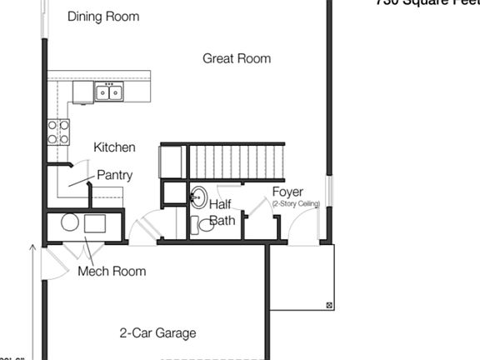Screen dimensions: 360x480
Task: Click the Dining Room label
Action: [x=103, y=17]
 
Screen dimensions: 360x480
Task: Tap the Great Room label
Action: [x=237, y=58]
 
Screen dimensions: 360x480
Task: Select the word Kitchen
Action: [x=114, y=147]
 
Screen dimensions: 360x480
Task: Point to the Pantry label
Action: [x=114, y=175]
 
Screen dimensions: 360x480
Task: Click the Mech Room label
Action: [x=112, y=271]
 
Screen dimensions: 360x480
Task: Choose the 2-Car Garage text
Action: [x=158, y=333]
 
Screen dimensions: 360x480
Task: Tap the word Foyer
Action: [x=287, y=192]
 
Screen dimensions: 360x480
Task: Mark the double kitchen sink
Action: [x=108, y=92]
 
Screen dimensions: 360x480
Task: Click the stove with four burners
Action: [x=58, y=132]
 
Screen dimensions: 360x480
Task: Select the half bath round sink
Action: [x=198, y=197]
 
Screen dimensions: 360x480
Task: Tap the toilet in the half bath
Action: [x=202, y=224]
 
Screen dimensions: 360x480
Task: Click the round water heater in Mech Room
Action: [x=70, y=222]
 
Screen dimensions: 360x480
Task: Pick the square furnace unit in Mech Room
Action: [x=95, y=223]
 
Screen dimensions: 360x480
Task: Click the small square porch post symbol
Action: [x=329, y=304]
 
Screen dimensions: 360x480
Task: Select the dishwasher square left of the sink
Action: [x=82, y=92]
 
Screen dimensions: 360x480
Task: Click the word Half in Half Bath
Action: [x=220, y=204]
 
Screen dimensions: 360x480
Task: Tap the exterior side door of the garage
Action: [x=52, y=263]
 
